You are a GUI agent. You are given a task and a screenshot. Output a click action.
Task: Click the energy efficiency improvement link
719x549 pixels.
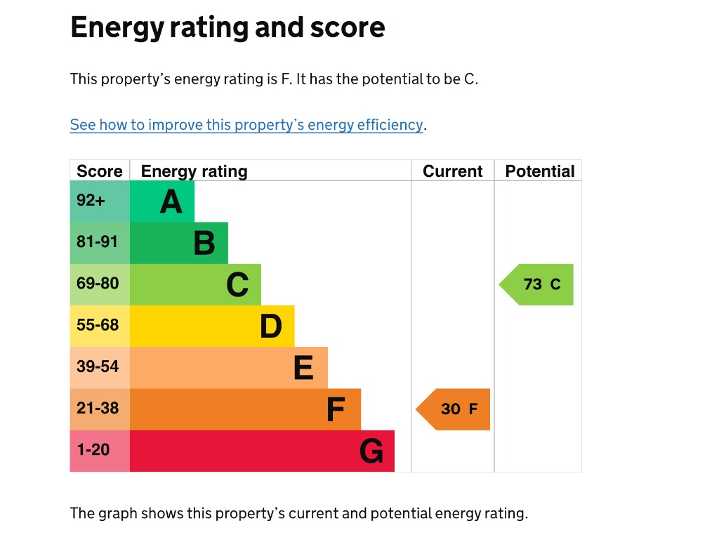pyautogui.click(x=246, y=125)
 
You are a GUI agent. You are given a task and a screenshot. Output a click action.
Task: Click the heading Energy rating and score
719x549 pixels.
pyautogui.click(x=227, y=28)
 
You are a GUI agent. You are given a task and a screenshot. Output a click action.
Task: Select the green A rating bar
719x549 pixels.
pyautogui.click(x=162, y=201)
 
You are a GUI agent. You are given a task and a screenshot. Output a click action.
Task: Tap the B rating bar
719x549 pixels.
pyautogui.click(x=179, y=243)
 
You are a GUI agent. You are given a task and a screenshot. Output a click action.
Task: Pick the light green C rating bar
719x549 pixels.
pyautogui.click(x=195, y=284)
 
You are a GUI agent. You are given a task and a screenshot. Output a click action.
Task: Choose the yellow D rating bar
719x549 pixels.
pyautogui.click(x=212, y=326)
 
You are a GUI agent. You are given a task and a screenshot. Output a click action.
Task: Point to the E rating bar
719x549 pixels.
pyautogui.click(x=229, y=367)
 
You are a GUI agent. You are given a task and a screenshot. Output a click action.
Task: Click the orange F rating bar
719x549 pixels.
pyautogui.click(x=245, y=409)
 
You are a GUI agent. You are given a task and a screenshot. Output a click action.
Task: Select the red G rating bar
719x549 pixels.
pyautogui.click(x=262, y=451)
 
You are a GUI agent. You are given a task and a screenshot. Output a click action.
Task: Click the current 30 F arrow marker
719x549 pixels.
pyautogui.click(x=454, y=409)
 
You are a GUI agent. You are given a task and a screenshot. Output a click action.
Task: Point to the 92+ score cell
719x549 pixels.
pyautogui.click(x=100, y=201)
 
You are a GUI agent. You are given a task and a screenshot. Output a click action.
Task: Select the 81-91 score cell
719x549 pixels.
pyautogui.click(x=100, y=243)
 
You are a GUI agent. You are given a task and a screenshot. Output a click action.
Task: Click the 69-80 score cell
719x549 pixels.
pyautogui.click(x=100, y=284)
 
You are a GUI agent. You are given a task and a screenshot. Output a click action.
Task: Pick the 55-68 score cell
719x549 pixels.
pyautogui.click(x=100, y=326)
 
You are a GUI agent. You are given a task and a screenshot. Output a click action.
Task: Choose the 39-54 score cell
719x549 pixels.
pyautogui.click(x=100, y=367)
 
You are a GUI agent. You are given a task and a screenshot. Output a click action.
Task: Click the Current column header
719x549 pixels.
pyautogui.click(x=453, y=171)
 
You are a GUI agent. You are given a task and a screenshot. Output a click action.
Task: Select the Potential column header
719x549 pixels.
pyautogui.click(x=539, y=171)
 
